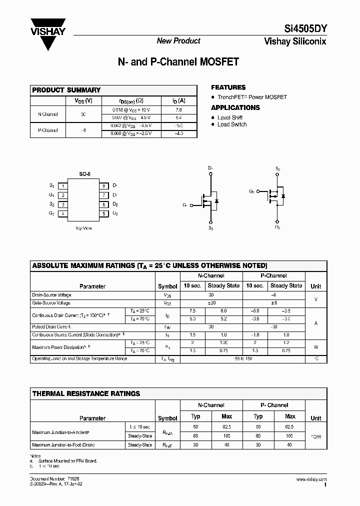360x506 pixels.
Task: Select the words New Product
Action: (178, 41)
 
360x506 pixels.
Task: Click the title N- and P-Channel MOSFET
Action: (178, 62)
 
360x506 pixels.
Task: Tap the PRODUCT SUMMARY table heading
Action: (66, 90)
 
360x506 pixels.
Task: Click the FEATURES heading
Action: (228, 87)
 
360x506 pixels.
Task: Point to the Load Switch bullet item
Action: (232, 124)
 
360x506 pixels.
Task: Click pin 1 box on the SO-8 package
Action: (63, 186)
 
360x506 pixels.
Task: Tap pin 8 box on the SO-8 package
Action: (104, 186)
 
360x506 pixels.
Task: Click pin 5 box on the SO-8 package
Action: (104, 213)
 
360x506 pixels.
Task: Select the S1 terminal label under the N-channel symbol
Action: (210, 228)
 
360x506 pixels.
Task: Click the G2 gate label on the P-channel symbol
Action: (251, 191)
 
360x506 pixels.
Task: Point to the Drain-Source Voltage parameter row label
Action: (51, 295)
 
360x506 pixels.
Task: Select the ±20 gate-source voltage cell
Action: (210, 303)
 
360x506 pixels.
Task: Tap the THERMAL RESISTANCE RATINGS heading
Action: (86, 393)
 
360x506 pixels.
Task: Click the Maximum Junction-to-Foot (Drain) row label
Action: (63, 444)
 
